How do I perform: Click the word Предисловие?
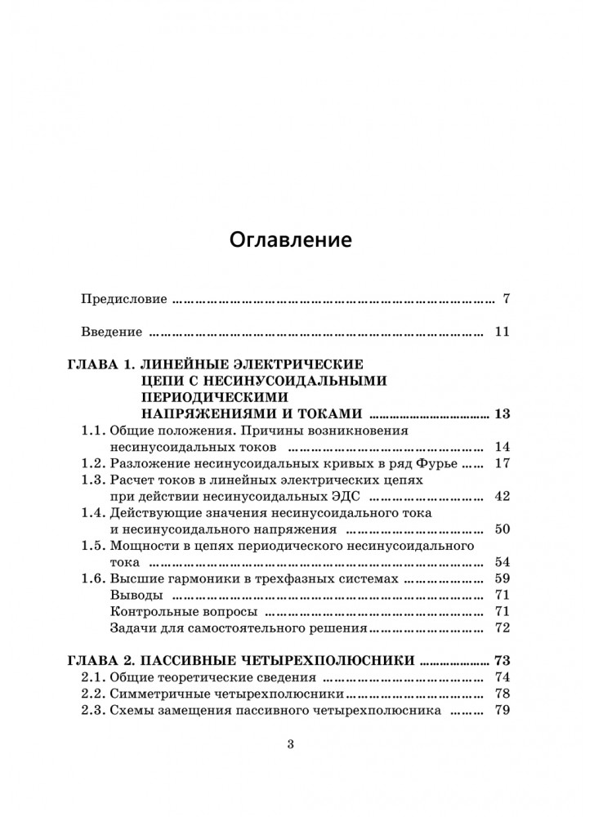click(x=124, y=299)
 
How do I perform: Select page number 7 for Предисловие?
click(x=507, y=299)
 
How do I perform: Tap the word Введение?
click(x=113, y=333)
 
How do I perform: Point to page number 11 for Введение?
click(x=502, y=333)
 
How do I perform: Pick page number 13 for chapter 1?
click(x=502, y=413)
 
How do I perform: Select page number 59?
click(x=502, y=579)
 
